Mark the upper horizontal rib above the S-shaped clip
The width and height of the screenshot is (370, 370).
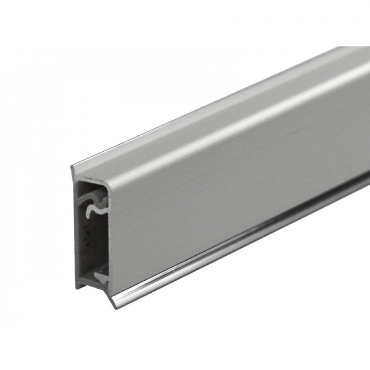92,189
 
